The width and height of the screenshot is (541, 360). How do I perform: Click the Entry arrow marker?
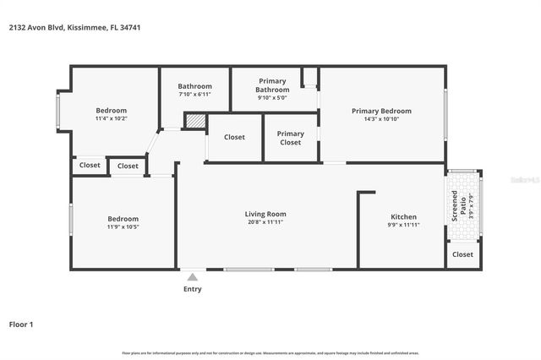(193, 276)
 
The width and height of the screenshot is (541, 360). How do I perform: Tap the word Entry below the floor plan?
(193, 289)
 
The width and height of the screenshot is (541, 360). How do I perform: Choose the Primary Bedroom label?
(381, 111)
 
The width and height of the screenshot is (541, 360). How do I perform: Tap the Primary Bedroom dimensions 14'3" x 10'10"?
(381, 119)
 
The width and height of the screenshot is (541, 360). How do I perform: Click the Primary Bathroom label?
(273, 85)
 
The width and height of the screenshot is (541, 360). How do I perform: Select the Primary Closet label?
(290, 138)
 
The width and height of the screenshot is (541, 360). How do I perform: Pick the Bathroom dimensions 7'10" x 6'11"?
(194, 95)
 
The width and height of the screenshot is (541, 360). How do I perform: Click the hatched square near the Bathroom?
(195, 122)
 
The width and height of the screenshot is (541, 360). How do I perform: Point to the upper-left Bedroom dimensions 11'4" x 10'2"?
(111, 119)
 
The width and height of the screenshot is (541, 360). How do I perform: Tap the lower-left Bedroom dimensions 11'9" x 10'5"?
(123, 226)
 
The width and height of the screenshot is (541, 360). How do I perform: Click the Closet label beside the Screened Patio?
(462, 254)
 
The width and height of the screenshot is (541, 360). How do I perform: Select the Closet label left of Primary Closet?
(234, 137)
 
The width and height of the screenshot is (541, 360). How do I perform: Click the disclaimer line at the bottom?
(270, 352)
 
